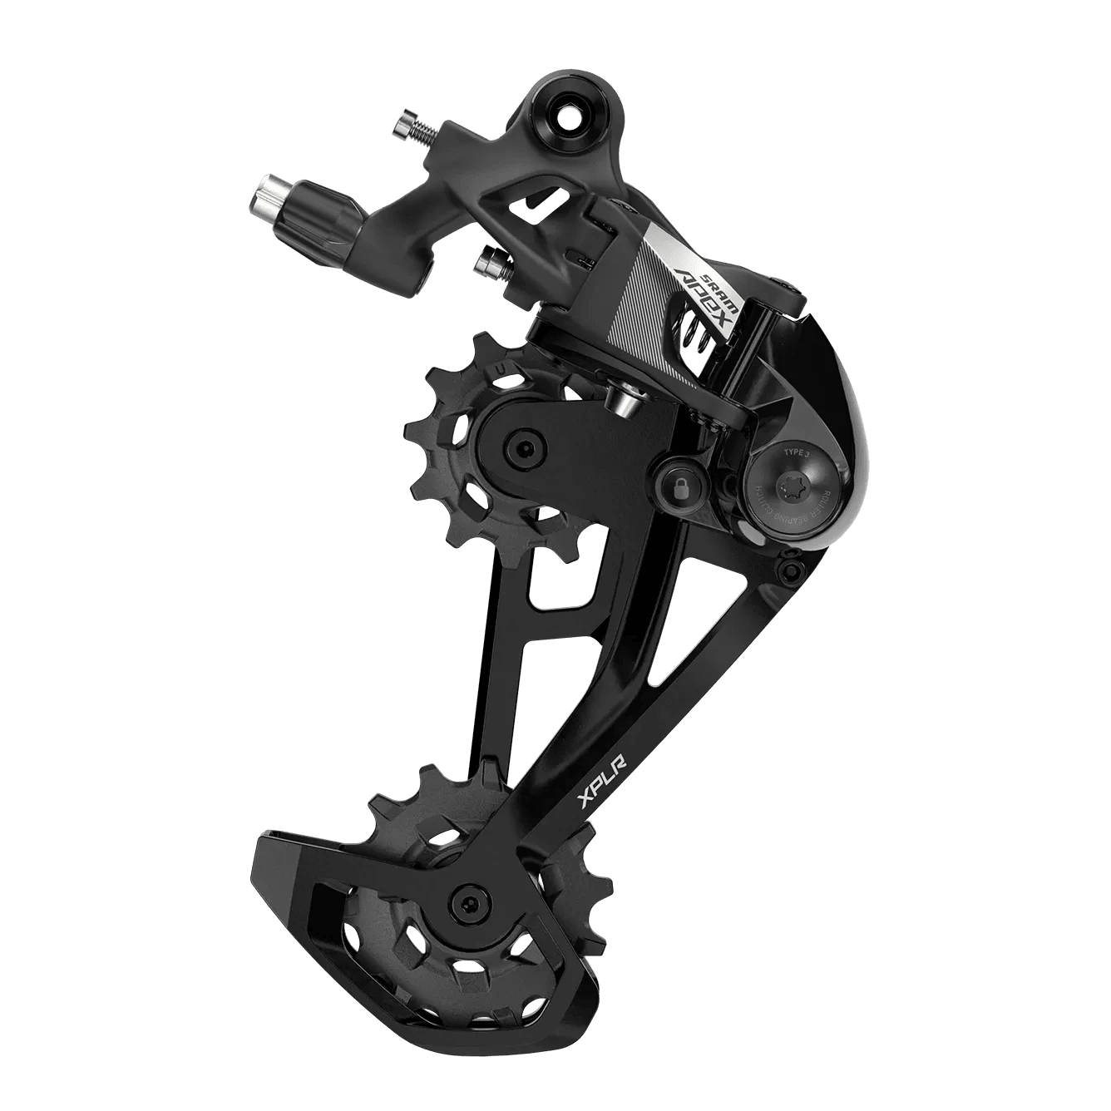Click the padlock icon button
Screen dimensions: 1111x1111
pyautogui.click(x=679, y=488)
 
